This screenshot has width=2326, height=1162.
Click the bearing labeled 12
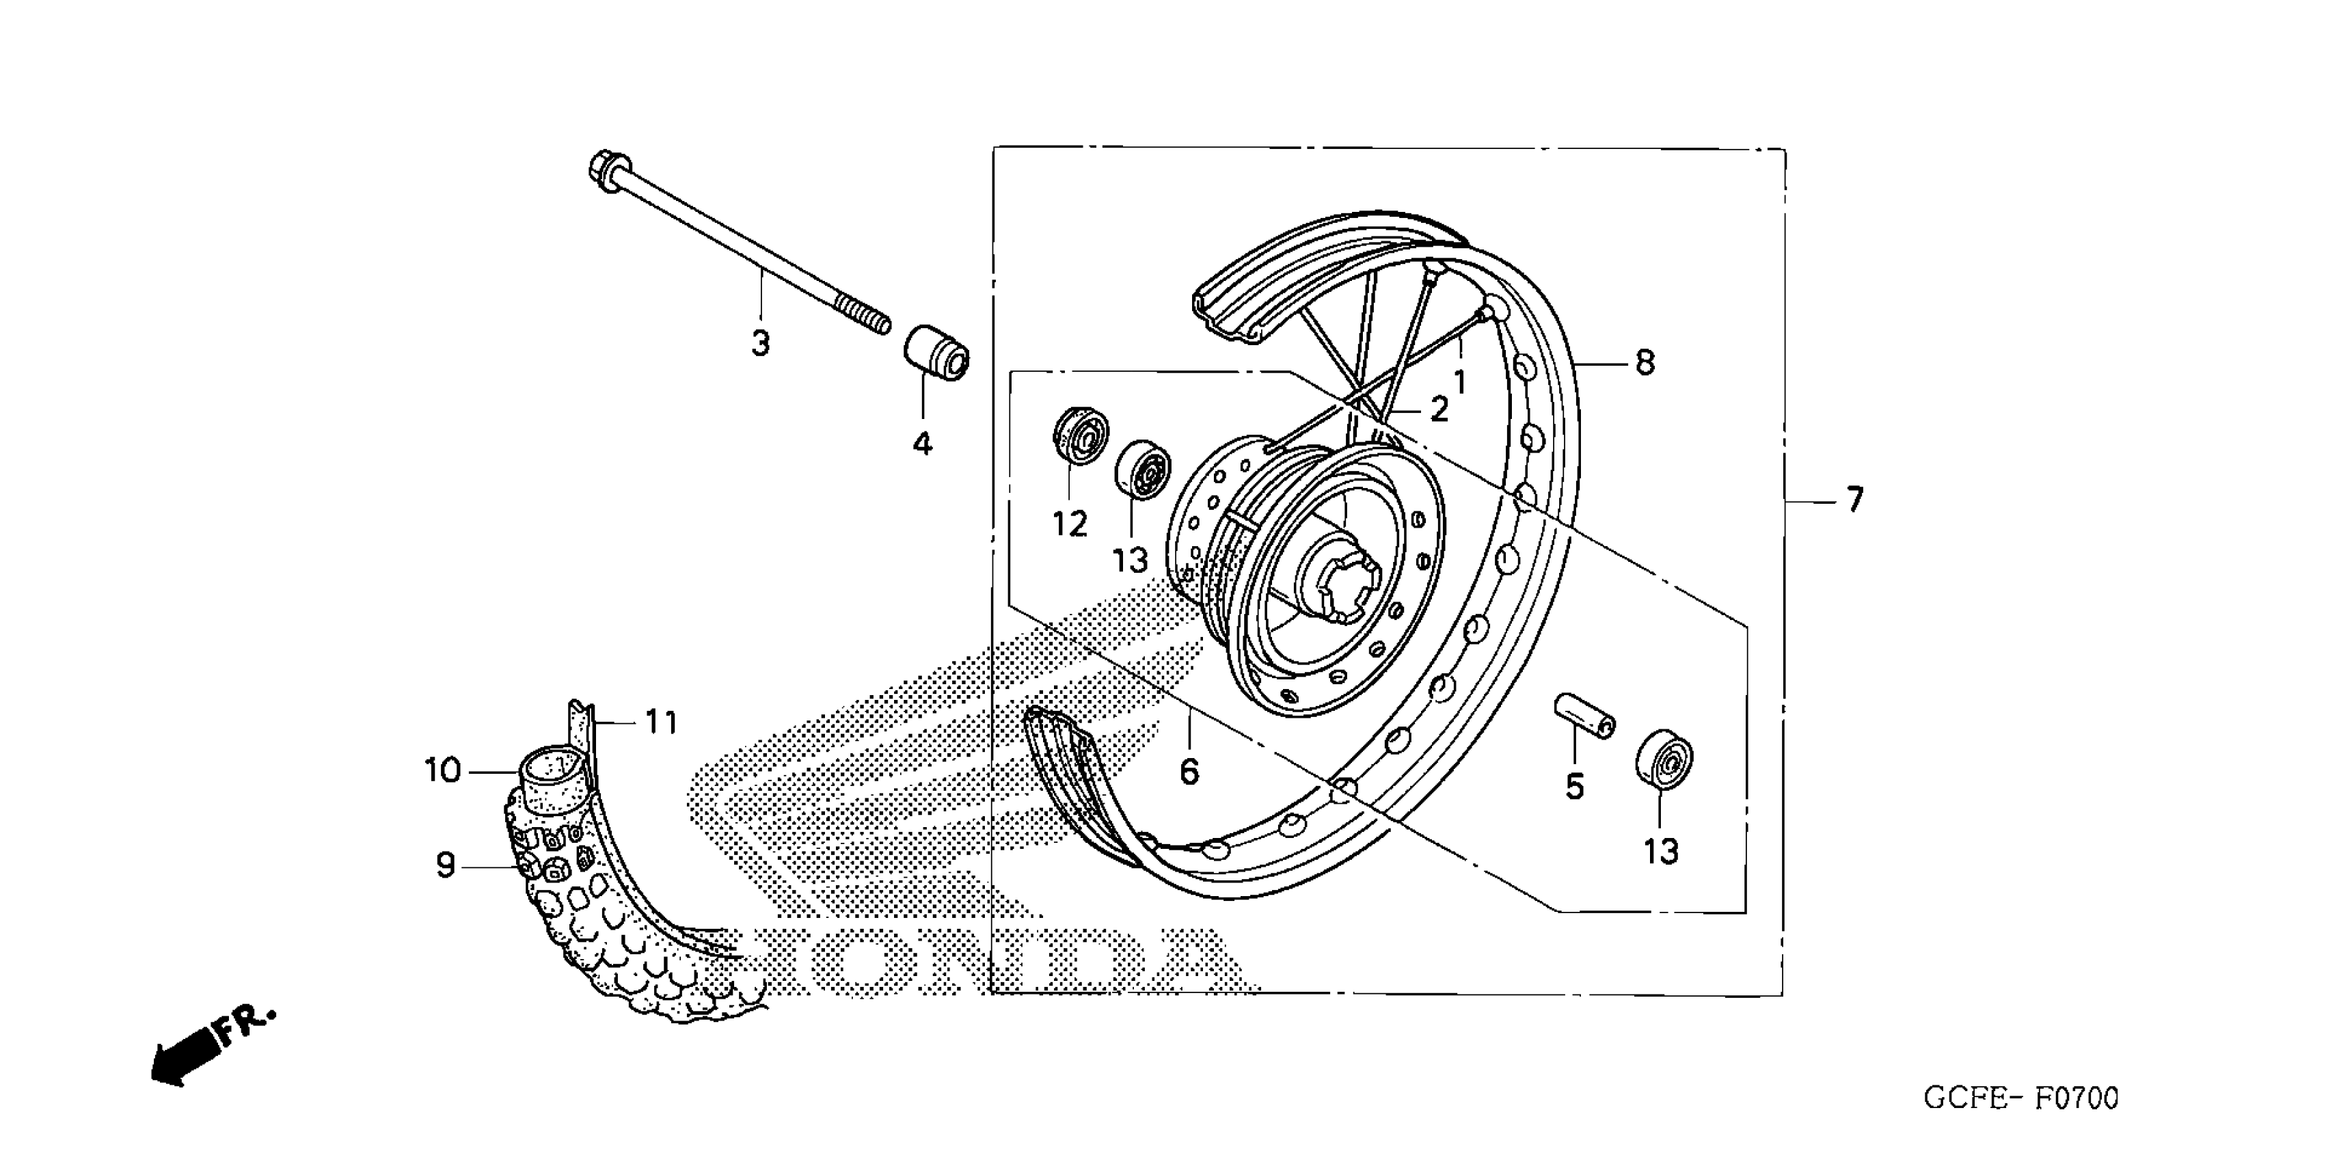[x=1081, y=436]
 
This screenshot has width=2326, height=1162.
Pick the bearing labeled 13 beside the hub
[x=1142, y=470]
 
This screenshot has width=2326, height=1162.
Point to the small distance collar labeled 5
[x=1584, y=716]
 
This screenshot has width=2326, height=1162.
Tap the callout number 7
[x=1854, y=499]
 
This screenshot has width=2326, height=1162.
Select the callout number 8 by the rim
[x=1645, y=363]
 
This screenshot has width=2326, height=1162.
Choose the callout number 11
[x=661, y=722]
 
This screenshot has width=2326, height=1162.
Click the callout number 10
[x=442, y=771]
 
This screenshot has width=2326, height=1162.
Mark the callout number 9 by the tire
[x=445, y=866]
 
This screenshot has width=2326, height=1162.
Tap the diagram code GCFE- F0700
[x=2020, y=1098]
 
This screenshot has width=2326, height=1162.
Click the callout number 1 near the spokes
[x=1459, y=382]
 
